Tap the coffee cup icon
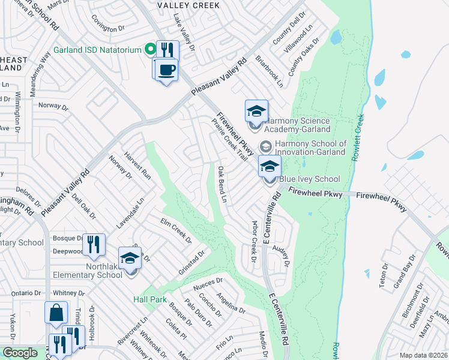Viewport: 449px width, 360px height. [166, 70]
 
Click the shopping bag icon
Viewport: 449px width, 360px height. [56, 313]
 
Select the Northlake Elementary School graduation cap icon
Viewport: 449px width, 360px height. [130, 259]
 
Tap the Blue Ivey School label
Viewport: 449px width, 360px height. [310, 179]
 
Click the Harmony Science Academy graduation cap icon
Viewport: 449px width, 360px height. [256, 112]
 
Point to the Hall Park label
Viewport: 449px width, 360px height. [149, 299]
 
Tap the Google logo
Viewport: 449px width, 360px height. [20, 353]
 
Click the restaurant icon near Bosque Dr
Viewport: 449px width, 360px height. [94, 244]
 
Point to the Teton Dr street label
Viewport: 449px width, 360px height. [384, 275]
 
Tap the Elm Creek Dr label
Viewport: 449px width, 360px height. [176, 231]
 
